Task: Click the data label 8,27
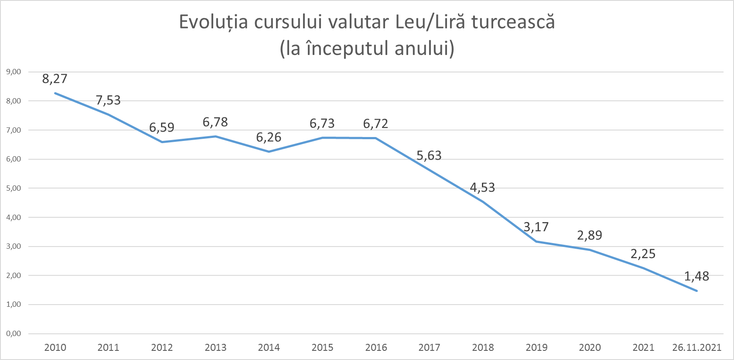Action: click(x=55, y=79)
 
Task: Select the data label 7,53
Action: click(x=108, y=100)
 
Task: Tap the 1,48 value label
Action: click(x=696, y=276)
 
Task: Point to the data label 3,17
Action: click(x=536, y=227)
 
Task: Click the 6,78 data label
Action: click(x=215, y=122)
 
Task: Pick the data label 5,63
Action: click(x=429, y=156)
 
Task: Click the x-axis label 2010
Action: click(x=55, y=348)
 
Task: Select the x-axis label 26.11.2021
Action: click(x=696, y=348)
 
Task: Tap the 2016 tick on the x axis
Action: click(x=376, y=348)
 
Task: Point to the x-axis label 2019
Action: click(x=536, y=348)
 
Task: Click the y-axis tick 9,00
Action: click(x=14, y=72)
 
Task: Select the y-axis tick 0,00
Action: click(x=14, y=334)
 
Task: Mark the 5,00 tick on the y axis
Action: click(x=14, y=189)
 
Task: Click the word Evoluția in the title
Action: click(x=213, y=22)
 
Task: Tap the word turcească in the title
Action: click(x=513, y=22)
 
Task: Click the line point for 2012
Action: click(x=162, y=142)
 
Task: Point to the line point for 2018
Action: click(x=483, y=202)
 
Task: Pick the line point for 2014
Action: click(x=269, y=151)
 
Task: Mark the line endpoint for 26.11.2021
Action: click(x=696, y=291)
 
